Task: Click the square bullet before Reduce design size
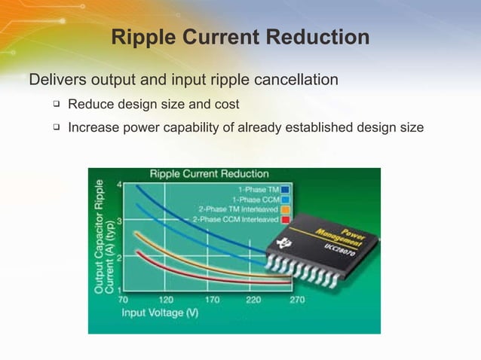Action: [56, 104]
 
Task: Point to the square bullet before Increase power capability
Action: [56, 127]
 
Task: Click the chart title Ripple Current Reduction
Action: [209, 174]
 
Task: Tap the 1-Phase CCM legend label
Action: [258, 199]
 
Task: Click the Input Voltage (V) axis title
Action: [160, 313]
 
